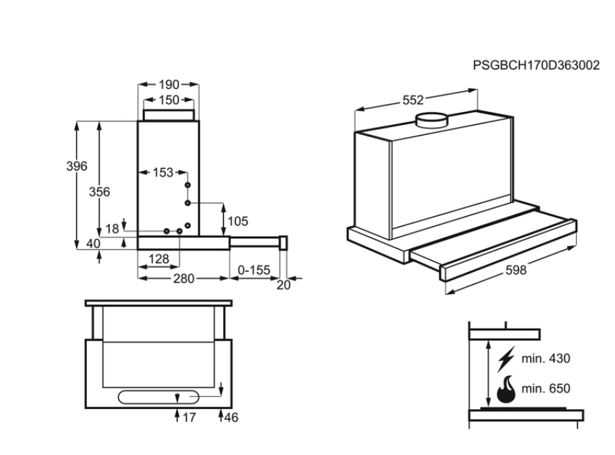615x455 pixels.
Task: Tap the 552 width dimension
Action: click(413, 100)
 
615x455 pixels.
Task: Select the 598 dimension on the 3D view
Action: click(515, 270)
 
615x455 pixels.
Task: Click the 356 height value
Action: click(99, 192)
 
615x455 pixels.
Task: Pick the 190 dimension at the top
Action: click(169, 85)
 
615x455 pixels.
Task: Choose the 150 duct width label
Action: click(169, 100)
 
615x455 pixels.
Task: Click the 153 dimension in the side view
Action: click(163, 173)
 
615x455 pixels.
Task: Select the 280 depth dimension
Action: click(184, 279)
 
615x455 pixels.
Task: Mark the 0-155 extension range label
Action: click(253, 270)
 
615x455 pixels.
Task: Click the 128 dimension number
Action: click(158, 258)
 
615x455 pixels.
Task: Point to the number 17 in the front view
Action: click(187, 417)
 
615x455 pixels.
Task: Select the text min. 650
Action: click(546, 389)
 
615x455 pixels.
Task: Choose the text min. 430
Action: click(546, 357)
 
